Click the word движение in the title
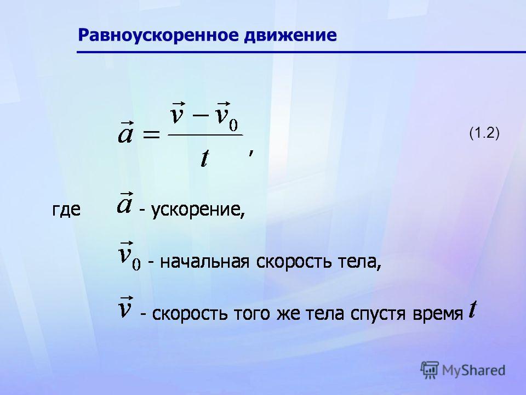pos(290,35)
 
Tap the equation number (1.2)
pos(484,133)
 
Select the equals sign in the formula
pos(151,135)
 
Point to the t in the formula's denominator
pos(204,158)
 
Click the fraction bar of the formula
pos(205,135)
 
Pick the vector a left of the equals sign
pos(126,132)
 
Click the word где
pos(66,210)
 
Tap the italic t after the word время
pos(473,309)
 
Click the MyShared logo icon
pos(430,370)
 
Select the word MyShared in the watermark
pos(473,370)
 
